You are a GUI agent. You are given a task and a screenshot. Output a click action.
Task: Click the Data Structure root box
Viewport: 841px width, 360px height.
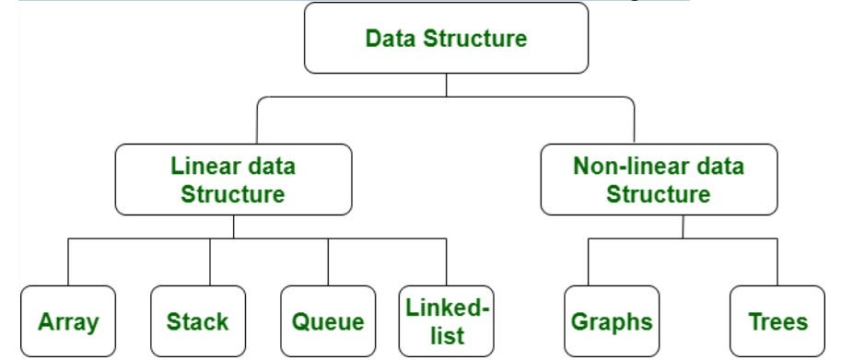point(446,39)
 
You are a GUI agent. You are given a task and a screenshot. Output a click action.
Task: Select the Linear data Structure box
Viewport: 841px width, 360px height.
point(233,180)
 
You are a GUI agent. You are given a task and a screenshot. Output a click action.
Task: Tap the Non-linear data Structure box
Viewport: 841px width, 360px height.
point(658,180)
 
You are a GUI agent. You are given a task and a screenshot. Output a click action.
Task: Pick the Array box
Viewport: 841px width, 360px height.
point(68,321)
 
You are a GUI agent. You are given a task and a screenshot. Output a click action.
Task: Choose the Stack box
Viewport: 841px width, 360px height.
point(198,321)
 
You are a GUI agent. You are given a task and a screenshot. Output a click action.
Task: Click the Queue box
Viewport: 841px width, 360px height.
point(328,321)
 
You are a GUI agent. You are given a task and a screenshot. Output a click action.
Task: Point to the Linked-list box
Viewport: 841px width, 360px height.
point(447,321)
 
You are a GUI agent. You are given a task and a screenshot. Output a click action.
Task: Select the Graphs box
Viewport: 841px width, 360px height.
point(612,321)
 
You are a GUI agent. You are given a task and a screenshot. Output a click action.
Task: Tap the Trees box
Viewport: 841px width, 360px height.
point(777,321)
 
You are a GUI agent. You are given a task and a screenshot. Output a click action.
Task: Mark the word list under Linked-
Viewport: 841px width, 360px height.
point(446,334)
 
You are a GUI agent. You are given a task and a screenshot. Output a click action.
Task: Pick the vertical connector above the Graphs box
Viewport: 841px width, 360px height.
point(588,267)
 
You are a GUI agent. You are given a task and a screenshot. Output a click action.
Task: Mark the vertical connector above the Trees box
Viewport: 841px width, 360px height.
point(777,267)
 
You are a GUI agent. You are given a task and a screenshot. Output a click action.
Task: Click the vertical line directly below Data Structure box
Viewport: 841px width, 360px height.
point(446,85)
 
